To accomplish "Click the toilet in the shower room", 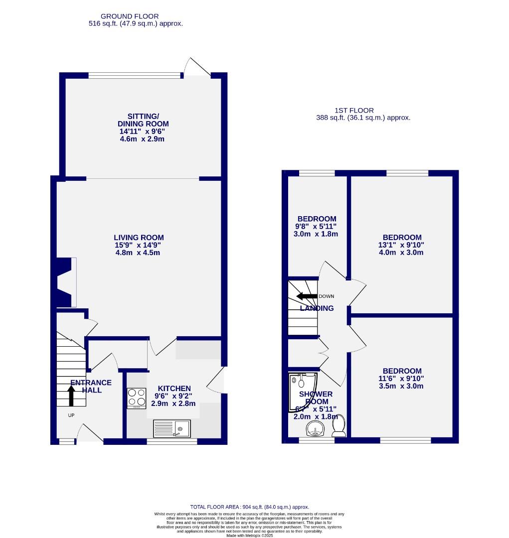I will point(339,425).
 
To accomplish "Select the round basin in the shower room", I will point(315,428).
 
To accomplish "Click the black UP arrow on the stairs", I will point(71,396).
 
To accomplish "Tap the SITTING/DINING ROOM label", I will point(143,120).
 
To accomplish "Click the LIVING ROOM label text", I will point(139,238).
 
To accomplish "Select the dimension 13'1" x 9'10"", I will point(402,245).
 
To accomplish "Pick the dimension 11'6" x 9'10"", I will point(402,379).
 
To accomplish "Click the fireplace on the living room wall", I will point(65,282).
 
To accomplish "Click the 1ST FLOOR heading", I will point(354,111).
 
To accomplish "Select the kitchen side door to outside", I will point(215,382).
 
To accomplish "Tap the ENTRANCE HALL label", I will point(91,386).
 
